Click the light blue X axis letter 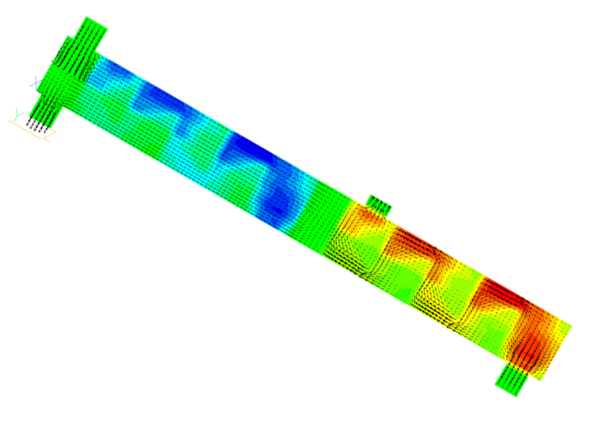click(35, 82)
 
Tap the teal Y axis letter click(16, 113)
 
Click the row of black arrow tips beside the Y click(35, 128)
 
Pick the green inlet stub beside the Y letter click(43, 108)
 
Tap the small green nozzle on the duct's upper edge click(378, 203)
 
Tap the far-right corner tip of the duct click(570, 325)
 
